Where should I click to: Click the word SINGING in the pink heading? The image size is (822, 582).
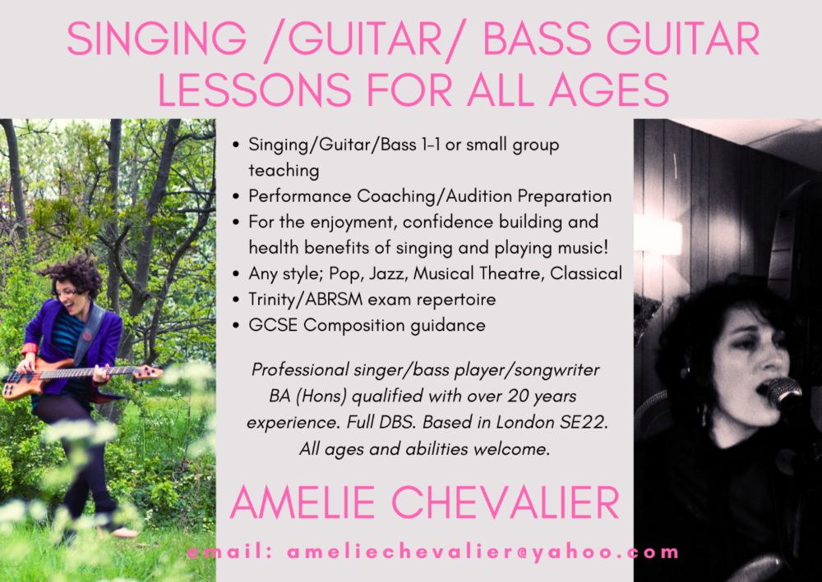(157, 39)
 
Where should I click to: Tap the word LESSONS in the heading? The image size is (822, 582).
(254, 89)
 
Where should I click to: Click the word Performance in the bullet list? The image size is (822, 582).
(300, 195)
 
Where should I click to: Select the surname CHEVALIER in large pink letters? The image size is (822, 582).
(506, 502)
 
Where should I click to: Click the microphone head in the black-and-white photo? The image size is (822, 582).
(785, 392)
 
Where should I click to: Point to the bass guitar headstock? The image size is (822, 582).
(147, 372)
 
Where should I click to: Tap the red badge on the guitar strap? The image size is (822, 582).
(87, 336)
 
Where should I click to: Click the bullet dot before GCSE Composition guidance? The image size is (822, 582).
(236, 326)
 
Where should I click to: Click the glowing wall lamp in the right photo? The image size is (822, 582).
(658, 236)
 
